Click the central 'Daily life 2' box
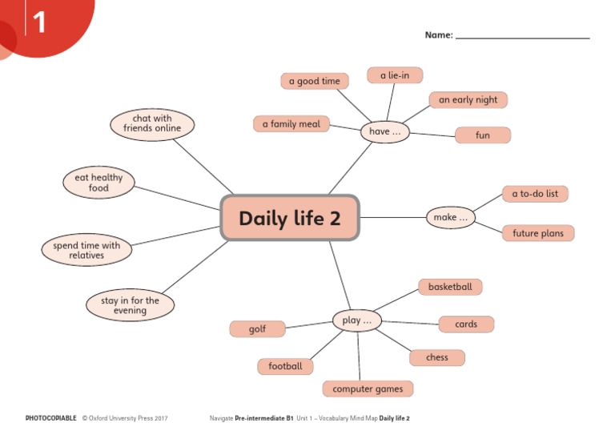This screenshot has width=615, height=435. pyautogui.click(x=289, y=218)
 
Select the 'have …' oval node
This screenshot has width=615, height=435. pyautogui.click(x=384, y=131)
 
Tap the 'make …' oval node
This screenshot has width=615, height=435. pyautogui.click(x=450, y=216)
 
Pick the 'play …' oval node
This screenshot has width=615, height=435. pyautogui.click(x=356, y=320)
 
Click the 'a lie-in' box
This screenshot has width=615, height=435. pyautogui.click(x=395, y=75)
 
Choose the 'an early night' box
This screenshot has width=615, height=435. pyautogui.click(x=468, y=100)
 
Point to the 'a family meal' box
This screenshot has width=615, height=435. pyautogui.click(x=291, y=124)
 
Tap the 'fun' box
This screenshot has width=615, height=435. pyautogui.click(x=482, y=135)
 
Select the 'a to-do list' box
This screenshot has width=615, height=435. pyautogui.click(x=535, y=194)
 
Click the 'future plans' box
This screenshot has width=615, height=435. pyautogui.click(x=537, y=234)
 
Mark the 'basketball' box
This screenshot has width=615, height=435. pyautogui.click(x=450, y=287)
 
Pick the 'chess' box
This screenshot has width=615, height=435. pyautogui.click(x=437, y=357)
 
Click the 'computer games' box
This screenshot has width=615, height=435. pyautogui.click(x=368, y=389)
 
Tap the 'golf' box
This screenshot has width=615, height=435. pyautogui.click(x=257, y=329)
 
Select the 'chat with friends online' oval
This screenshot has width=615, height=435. pyautogui.click(x=152, y=123)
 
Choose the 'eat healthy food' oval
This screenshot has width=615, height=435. pyautogui.click(x=98, y=183)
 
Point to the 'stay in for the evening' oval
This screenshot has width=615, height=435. pyautogui.click(x=130, y=305)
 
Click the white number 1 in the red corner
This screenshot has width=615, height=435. pyautogui.click(x=39, y=22)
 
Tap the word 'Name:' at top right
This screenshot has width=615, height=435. pyautogui.click(x=439, y=35)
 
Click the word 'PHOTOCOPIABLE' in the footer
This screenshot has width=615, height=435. pyautogui.click(x=51, y=418)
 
